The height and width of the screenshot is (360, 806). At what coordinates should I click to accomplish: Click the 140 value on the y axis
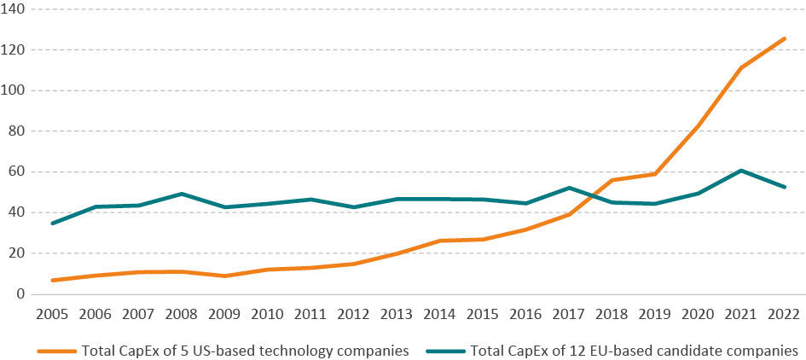click(x=18, y=9)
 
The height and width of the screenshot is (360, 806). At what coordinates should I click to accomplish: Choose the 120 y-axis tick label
click(x=18, y=49)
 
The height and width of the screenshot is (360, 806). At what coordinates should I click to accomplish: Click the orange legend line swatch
click(x=56, y=351)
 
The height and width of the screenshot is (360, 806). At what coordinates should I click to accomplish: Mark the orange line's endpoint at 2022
click(x=785, y=38)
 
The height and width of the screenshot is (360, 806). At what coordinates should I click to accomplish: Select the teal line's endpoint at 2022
click(x=785, y=188)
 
